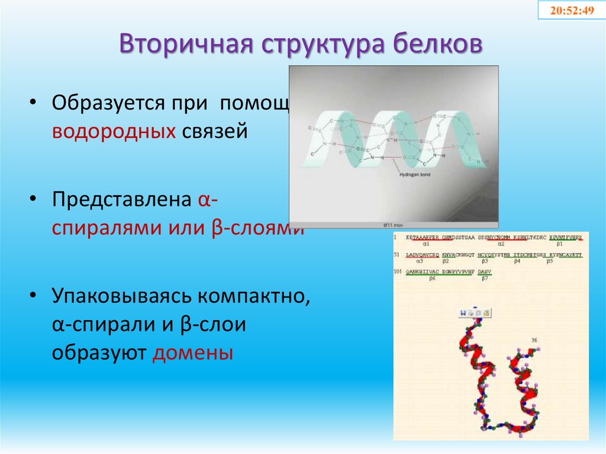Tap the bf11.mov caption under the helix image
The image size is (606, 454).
(x=394, y=225)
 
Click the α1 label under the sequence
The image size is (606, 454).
(x=426, y=243)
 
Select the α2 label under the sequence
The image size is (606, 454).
(x=501, y=243)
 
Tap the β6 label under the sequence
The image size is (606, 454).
(x=432, y=278)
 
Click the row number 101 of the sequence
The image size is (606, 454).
(x=399, y=272)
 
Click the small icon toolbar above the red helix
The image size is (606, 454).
(x=475, y=312)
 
